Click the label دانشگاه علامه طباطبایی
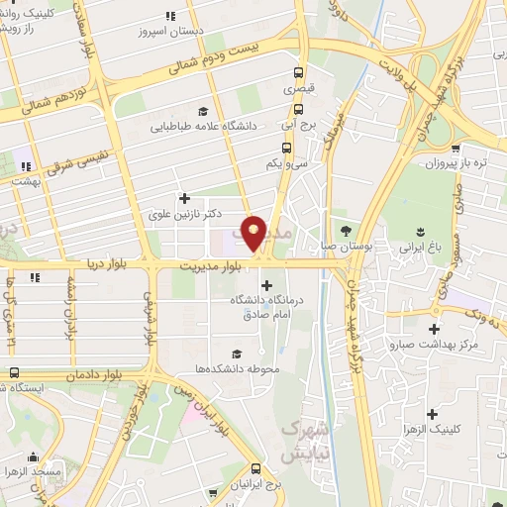204,126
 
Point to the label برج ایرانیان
255,484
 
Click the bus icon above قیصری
298,72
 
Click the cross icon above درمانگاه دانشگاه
264,286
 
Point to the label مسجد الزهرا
35,474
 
